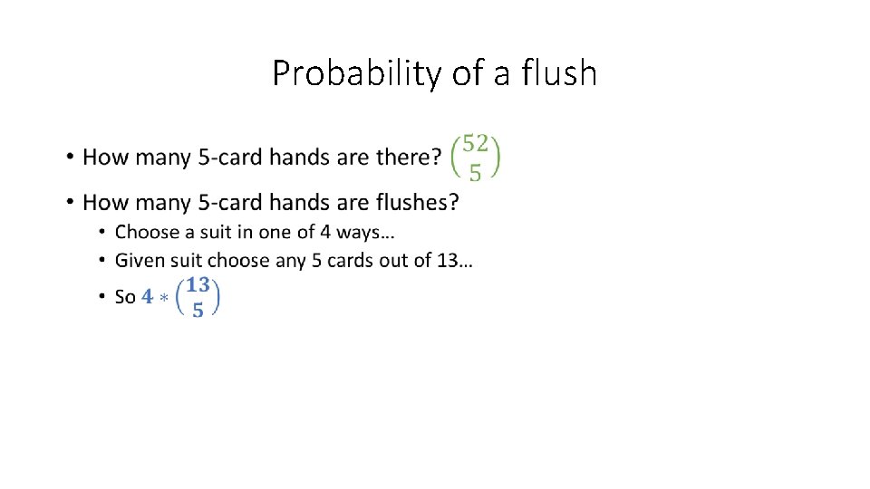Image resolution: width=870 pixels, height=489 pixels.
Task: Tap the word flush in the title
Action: (x=559, y=72)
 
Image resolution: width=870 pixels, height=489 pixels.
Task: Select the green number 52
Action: (x=475, y=142)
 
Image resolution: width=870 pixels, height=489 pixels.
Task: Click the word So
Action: (x=125, y=297)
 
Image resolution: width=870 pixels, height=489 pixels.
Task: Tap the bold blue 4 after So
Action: (x=148, y=297)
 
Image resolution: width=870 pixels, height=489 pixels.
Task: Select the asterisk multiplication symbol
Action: (x=166, y=298)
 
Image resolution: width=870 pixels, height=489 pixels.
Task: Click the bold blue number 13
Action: (x=198, y=284)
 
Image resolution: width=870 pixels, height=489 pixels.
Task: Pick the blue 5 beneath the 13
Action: (x=198, y=309)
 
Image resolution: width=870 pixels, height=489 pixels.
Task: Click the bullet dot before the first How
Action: (x=70, y=158)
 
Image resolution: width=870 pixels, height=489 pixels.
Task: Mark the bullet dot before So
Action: (x=101, y=298)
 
